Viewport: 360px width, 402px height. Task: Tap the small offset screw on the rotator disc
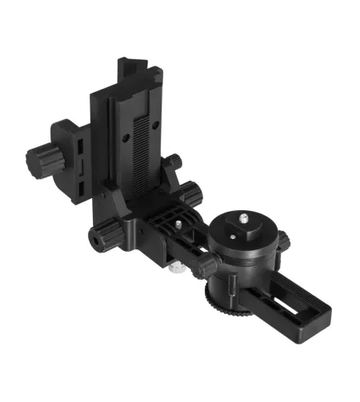coord(232,235)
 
